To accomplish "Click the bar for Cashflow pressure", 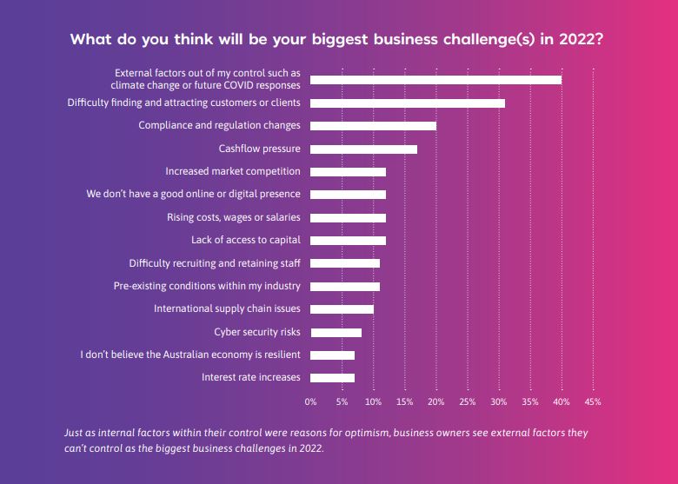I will point(363,149).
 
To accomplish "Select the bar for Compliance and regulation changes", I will point(373,126).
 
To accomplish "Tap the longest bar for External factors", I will point(435,80).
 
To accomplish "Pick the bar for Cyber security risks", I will point(336,332).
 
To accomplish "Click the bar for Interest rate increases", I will point(332,377).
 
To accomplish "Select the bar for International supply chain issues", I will point(342,308).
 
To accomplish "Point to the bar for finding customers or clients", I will point(407,103).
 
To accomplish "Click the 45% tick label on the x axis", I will point(593,402).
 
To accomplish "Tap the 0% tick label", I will point(310,402).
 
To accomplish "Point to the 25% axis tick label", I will point(467,402).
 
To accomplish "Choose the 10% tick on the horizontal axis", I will point(373,402).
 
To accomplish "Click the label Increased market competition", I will point(233,172).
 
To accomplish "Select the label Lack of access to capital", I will point(246,240).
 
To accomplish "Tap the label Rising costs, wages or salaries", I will point(234,217).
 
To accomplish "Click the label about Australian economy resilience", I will point(190,355).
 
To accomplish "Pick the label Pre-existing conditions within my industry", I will point(208,286).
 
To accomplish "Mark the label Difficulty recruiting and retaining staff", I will point(215,263).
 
